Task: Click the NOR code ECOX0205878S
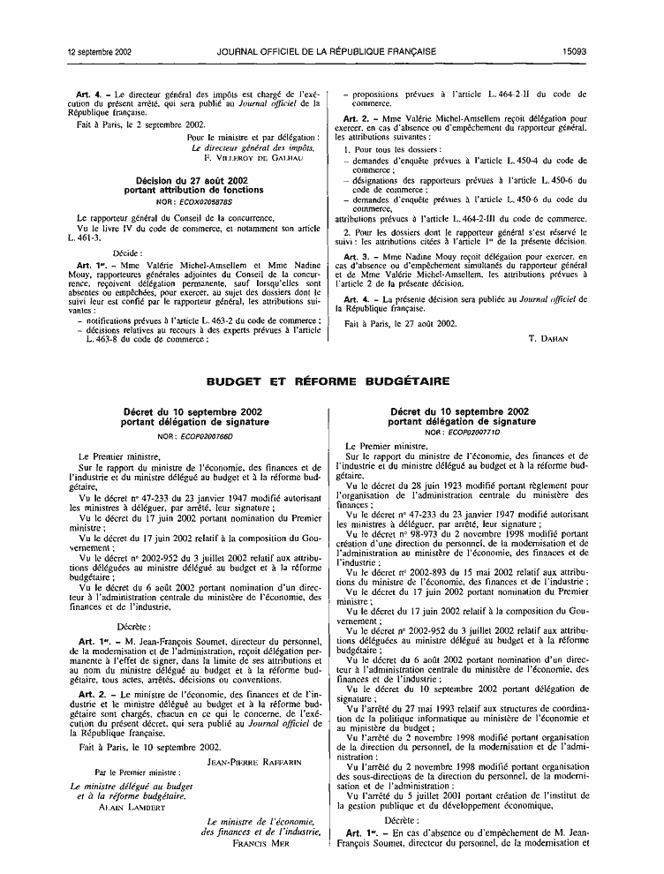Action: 203,200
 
